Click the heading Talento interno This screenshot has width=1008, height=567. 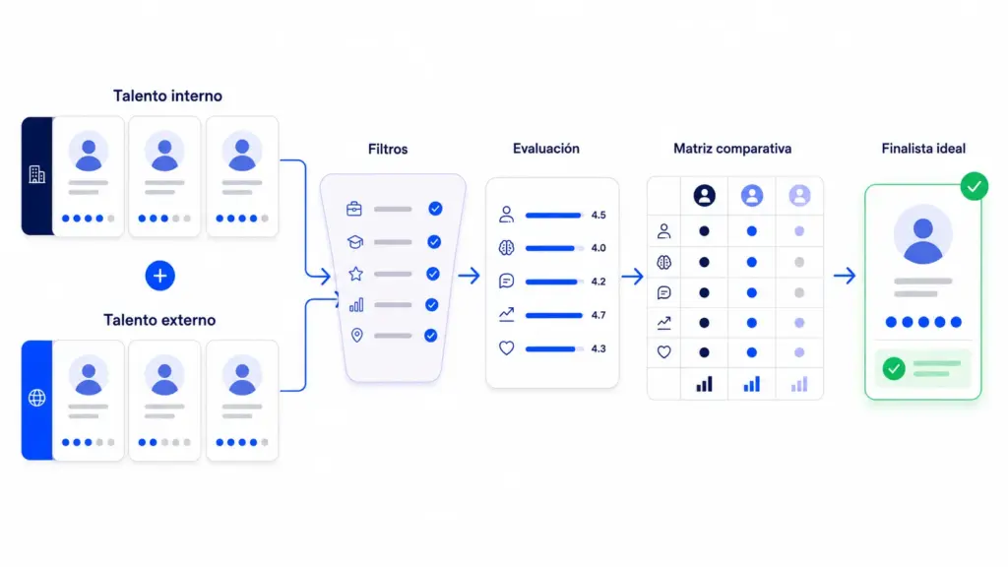(x=167, y=95)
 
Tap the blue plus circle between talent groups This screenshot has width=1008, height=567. (x=160, y=276)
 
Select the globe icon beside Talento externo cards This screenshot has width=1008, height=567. (x=36, y=398)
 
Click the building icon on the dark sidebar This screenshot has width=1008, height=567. (x=36, y=174)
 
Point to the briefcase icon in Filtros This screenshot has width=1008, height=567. (x=354, y=209)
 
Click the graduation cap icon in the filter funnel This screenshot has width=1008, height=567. (x=355, y=242)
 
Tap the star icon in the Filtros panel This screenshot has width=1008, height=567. (x=356, y=274)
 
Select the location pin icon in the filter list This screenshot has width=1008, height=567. (x=356, y=335)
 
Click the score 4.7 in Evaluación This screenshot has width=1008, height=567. (x=598, y=315)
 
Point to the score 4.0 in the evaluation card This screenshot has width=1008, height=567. (x=598, y=248)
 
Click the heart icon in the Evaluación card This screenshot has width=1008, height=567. (x=507, y=347)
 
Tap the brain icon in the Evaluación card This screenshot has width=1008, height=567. (x=507, y=247)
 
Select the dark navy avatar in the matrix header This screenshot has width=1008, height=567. (x=705, y=196)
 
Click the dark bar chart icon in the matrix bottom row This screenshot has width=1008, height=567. (x=705, y=385)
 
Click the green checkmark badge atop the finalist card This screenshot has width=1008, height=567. (x=975, y=186)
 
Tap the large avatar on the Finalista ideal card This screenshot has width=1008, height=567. (x=923, y=234)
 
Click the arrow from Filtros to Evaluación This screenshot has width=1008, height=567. (x=470, y=276)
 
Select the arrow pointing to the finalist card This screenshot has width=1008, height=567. (x=845, y=276)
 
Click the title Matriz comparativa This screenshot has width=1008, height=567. (x=732, y=149)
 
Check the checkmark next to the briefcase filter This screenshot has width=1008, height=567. (x=435, y=209)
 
